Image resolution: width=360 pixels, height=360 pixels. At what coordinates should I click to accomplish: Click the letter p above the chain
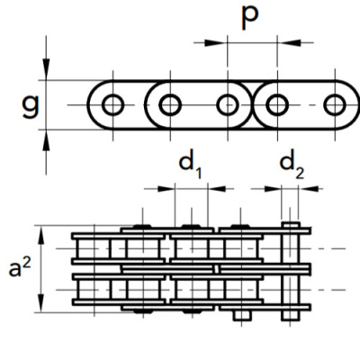pos(249,17)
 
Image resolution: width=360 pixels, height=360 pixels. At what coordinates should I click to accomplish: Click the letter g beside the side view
pos(31,106)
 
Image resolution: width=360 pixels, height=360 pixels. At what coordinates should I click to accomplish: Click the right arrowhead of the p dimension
pos(289,42)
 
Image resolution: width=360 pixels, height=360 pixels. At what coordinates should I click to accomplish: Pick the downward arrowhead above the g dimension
pos(46,69)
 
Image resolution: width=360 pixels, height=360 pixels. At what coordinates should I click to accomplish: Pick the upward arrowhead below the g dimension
pos(46,140)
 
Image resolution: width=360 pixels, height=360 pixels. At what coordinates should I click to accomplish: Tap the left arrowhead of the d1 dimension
pos(166,189)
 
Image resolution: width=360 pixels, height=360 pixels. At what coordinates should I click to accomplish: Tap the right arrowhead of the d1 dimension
pos(216,189)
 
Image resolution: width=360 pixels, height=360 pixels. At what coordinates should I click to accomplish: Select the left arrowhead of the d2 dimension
pos(273,189)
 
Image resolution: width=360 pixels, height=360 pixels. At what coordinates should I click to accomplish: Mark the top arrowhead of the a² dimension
pos(41,236)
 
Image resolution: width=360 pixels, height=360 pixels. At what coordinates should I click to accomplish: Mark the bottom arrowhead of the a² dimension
pos(41,302)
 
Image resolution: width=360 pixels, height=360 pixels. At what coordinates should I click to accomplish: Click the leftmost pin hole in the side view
pos(112,105)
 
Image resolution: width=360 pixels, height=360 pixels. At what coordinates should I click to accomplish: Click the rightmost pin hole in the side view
pos(335,105)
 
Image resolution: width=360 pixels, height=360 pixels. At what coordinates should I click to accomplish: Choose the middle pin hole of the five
pos(228,105)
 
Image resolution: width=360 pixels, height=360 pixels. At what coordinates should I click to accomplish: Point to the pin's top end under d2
pos(290,223)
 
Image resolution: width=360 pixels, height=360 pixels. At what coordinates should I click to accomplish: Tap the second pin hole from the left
pos(170,105)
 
